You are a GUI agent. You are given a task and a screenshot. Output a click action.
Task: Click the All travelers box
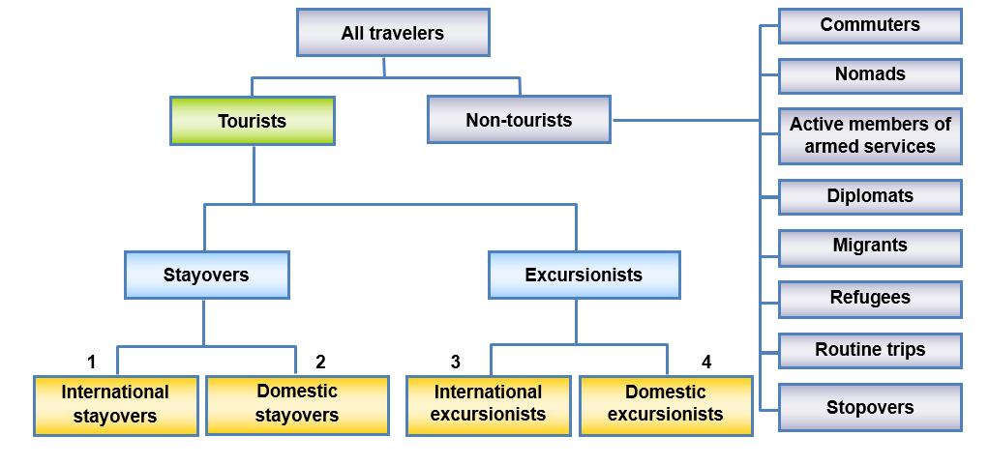(x=393, y=33)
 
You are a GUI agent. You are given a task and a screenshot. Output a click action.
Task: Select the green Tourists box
(x=252, y=121)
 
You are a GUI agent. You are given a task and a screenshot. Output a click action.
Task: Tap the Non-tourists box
(x=519, y=120)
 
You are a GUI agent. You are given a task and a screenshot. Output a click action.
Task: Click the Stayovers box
(x=206, y=275)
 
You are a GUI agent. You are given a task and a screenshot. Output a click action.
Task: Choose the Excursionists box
(x=584, y=275)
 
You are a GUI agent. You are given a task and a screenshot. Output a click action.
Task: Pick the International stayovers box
(x=115, y=405)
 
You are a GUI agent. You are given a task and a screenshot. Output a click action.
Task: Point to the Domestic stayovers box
(x=297, y=404)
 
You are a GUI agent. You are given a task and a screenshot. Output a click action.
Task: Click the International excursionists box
(x=488, y=404)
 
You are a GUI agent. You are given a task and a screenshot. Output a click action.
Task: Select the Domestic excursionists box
(x=666, y=404)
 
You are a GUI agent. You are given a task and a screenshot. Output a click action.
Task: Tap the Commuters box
(x=870, y=25)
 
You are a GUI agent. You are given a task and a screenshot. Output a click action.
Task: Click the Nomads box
(x=870, y=74)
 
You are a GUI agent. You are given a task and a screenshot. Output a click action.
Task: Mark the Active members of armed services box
(x=870, y=135)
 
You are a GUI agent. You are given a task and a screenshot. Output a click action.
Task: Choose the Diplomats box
(x=870, y=196)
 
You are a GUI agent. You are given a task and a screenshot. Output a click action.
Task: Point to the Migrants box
(x=870, y=247)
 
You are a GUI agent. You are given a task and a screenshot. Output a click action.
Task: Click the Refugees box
(x=870, y=299)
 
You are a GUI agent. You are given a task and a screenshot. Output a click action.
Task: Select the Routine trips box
(x=870, y=350)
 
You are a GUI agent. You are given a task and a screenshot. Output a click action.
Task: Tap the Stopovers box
(x=870, y=407)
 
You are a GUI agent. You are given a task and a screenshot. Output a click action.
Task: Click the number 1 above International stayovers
(x=91, y=363)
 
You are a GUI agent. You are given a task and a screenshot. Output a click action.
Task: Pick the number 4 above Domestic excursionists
(x=706, y=363)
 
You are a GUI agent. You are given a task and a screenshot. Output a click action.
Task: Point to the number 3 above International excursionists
(x=455, y=363)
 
